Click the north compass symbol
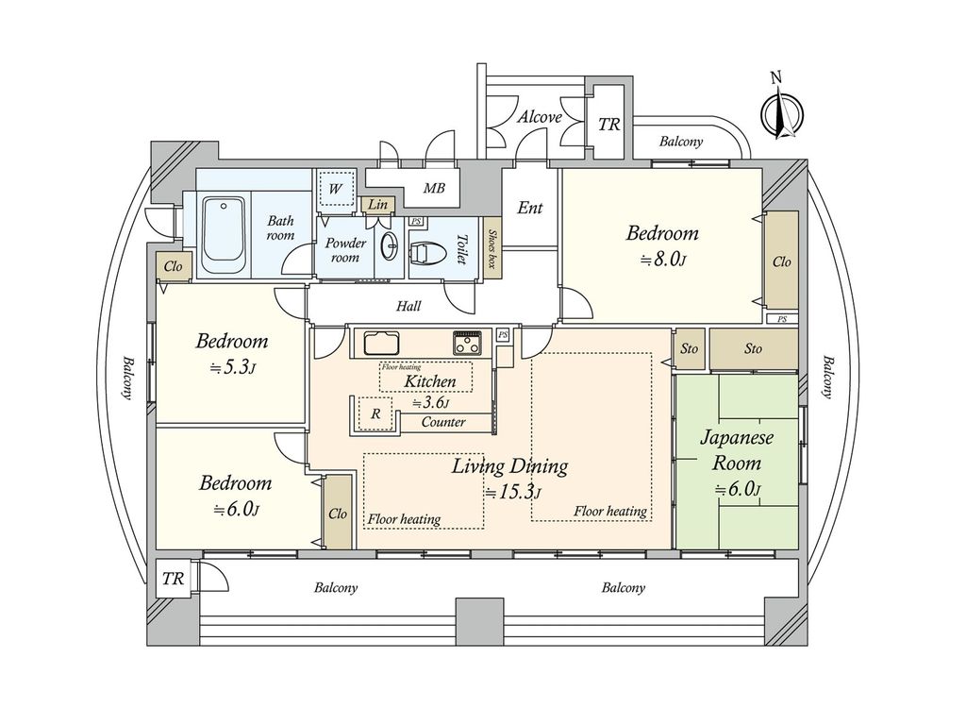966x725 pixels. [x=782, y=111]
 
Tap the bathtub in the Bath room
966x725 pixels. [x=224, y=237]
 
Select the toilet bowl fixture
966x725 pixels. [x=424, y=251]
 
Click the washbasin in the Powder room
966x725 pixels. [x=391, y=248]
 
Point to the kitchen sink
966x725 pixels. [x=381, y=344]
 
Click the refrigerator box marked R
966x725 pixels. [x=375, y=413]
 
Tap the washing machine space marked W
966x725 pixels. [x=335, y=189]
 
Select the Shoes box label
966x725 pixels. [x=492, y=248]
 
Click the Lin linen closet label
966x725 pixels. [x=377, y=204]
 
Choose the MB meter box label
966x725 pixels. [x=434, y=188]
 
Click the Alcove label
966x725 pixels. [x=540, y=117]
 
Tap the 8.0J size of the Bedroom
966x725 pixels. [x=663, y=260]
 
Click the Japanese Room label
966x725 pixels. [x=736, y=450]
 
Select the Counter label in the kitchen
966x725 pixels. [x=443, y=422]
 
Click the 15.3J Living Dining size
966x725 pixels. [x=512, y=493]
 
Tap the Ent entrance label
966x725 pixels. [x=530, y=208]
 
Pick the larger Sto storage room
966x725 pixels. [x=754, y=349]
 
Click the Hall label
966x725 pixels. [x=408, y=306]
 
